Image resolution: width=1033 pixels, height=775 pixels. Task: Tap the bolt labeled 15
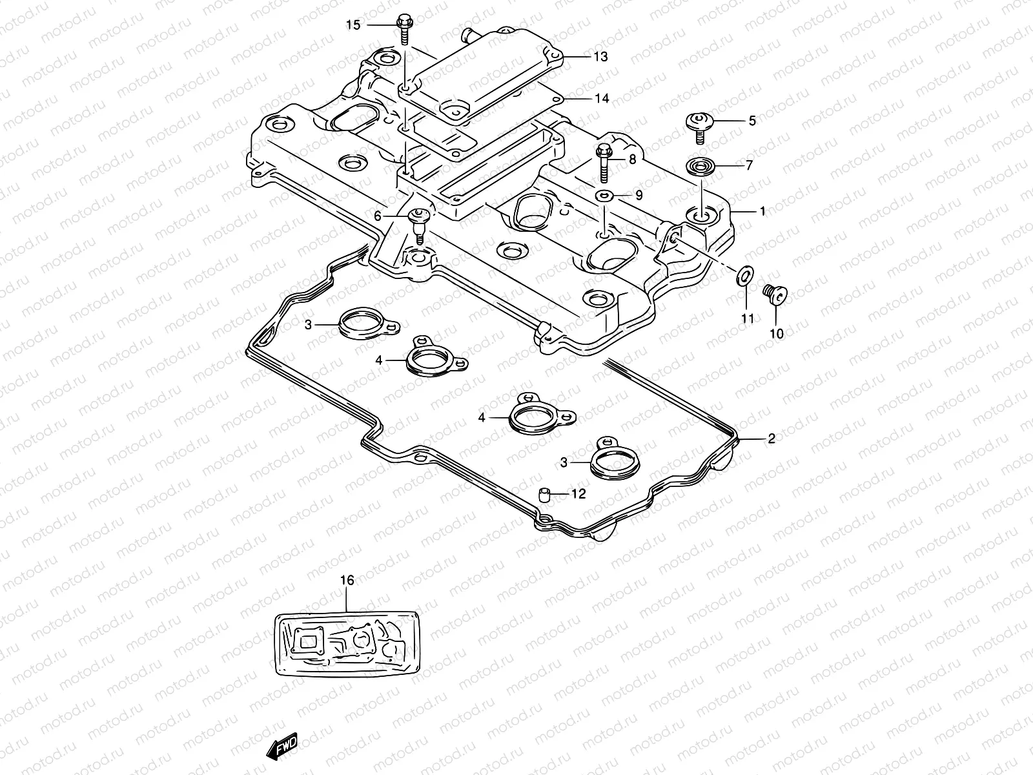405,27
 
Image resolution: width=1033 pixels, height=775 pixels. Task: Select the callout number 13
600,57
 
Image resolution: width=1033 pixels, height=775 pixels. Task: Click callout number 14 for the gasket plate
601,99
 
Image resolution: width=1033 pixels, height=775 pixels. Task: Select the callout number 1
762,211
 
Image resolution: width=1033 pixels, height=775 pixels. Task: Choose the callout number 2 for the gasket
771,439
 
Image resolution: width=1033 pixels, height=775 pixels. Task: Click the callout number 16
347,581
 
